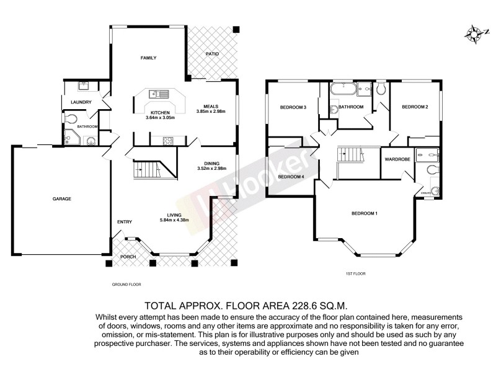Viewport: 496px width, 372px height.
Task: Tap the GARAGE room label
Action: (62, 199)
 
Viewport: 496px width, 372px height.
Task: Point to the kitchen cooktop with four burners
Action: (168, 141)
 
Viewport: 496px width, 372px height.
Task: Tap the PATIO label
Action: (212, 55)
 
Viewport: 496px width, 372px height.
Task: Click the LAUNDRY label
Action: (81, 102)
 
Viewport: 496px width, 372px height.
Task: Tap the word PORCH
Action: (128, 256)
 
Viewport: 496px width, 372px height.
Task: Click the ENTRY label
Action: (125, 221)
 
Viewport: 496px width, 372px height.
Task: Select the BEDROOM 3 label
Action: (293, 107)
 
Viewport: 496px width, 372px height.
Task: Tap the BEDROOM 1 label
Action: (365, 214)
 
